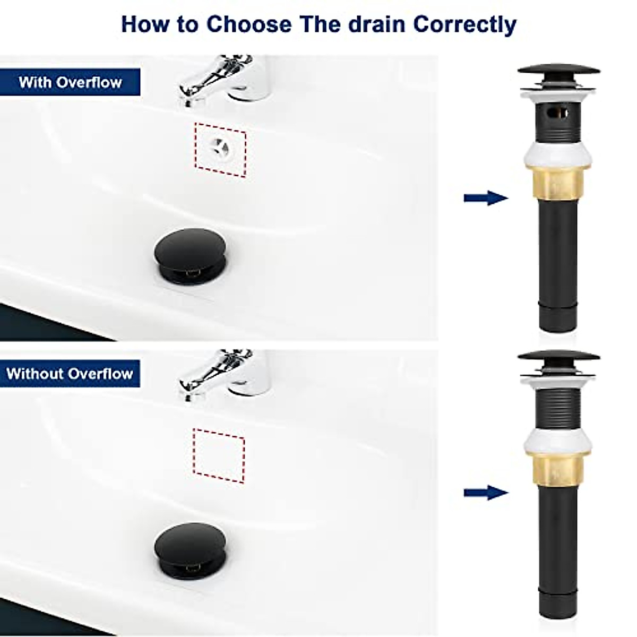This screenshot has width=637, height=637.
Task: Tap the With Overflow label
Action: pos(70,82)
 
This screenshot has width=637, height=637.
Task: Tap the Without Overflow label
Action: pos(70,373)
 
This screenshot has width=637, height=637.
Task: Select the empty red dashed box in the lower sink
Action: pos(219,455)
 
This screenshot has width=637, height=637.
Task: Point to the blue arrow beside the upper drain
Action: pos(485,199)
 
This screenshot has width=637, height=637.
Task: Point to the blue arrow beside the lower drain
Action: pos(485,493)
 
